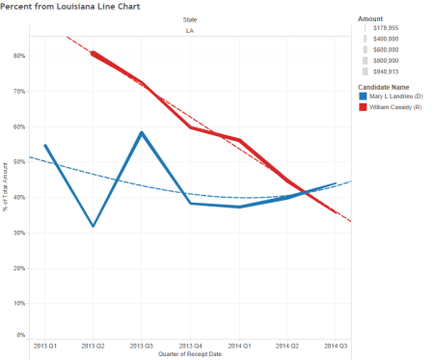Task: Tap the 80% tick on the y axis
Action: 19,55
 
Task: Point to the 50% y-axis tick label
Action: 19,161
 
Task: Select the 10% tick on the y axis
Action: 19,302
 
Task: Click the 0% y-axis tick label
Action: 21,335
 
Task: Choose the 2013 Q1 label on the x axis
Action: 45,345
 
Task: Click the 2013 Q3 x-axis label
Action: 142,345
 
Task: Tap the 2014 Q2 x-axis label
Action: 287,345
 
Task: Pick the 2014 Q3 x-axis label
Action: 335,345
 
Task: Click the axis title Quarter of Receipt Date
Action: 190,353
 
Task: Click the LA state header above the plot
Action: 190,31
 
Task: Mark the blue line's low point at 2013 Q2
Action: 94,226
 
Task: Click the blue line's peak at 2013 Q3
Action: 142,133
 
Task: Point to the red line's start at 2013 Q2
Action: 93,53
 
